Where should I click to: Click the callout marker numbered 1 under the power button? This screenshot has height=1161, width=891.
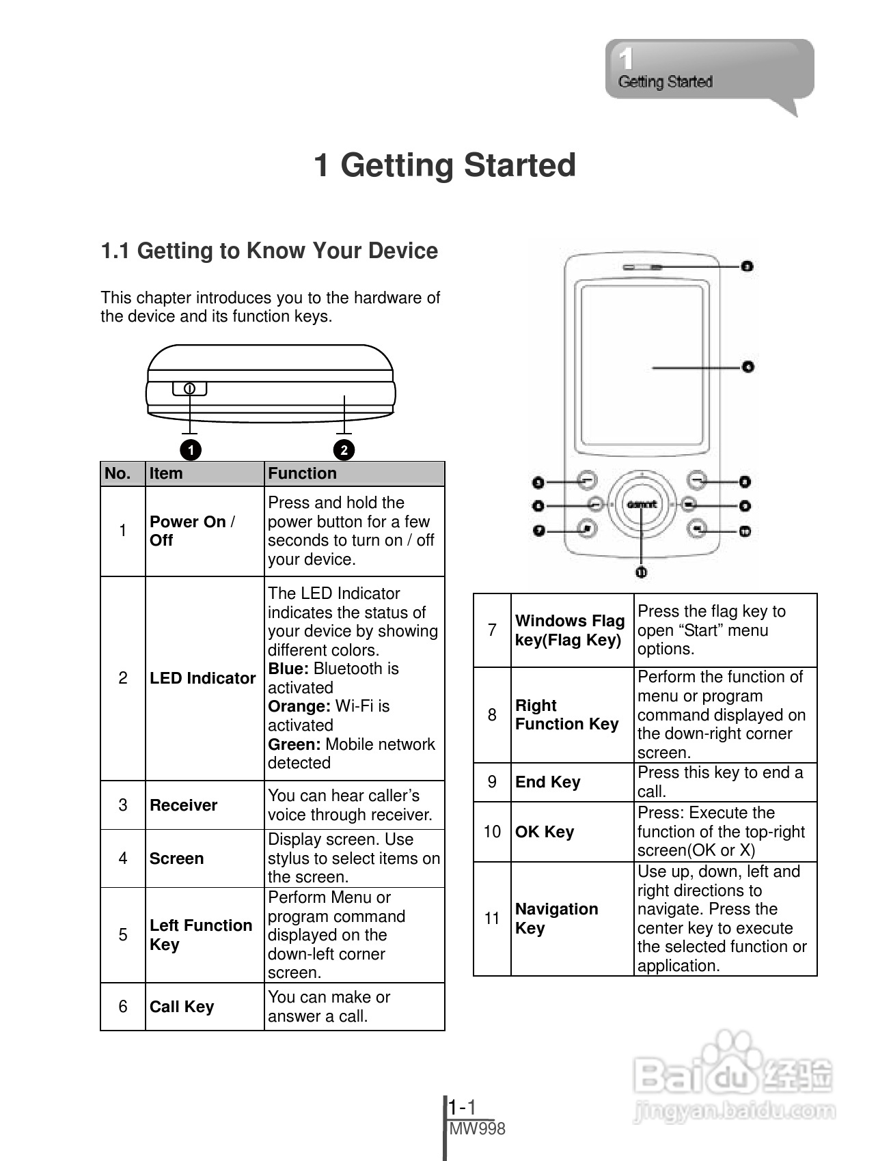click(191, 449)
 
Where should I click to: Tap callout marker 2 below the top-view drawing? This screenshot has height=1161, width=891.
click(344, 449)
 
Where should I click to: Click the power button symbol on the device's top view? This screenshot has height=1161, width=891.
click(190, 389)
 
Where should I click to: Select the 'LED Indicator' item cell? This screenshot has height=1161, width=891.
click(203, 678)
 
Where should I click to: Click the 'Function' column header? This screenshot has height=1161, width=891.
click(302, 473)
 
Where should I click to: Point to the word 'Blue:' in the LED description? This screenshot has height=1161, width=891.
click(288, 669)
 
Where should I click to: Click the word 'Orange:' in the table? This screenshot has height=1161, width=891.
click(299, 706)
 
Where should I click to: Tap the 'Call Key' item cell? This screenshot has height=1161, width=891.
click(182, 1007)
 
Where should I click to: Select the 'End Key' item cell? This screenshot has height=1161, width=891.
click(548, 782)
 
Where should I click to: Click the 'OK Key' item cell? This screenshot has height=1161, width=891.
click(545, 832)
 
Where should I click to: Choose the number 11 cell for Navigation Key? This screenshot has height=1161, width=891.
click(492, 919)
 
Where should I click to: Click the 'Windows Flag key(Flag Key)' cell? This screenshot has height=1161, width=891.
click(570, 630)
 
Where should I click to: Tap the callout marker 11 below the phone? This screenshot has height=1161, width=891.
click(641, 572)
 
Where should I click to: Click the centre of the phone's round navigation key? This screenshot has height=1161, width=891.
click(642, 505)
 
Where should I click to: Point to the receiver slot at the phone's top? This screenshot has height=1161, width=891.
click(642, 266)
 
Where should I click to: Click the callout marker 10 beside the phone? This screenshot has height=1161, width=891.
click(745, 531)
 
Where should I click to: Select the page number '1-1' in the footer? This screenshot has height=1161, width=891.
click(463, 1107)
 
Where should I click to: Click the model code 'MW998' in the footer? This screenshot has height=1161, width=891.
click(478, 1129)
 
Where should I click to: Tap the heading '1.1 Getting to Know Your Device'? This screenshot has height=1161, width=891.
click(269, 251)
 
